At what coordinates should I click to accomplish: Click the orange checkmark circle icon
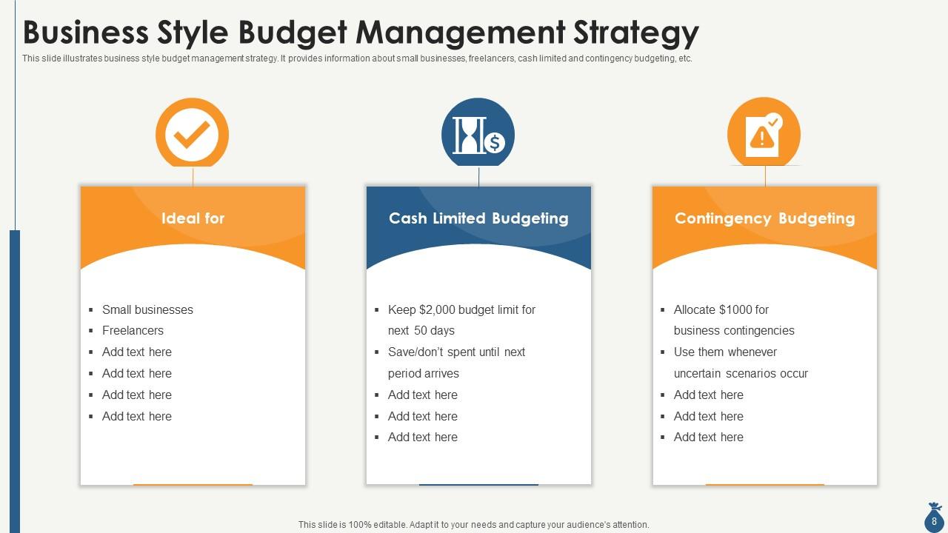click(x=192, y=134)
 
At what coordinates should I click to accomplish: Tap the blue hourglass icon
click(x=470, y=134)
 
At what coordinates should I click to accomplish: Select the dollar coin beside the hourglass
click(x=495, y=142)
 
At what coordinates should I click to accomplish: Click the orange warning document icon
click(x=764, y=134)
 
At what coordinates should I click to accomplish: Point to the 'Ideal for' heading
click(x=193, y=218)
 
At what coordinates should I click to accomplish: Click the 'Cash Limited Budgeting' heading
click(x=478, y=218)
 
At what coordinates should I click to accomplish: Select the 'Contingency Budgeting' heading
click(x=764, y=218)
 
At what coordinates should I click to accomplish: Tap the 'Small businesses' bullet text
click(x=147, y=309)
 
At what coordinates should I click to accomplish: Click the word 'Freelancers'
click(x=133, y=331)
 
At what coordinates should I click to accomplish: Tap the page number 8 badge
click(x=934, y=521)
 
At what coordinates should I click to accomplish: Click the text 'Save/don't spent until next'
click(x=456, y=352)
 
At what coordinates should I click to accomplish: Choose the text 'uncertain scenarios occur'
click(x=741, y=374)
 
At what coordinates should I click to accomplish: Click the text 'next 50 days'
click(x=421, y=331)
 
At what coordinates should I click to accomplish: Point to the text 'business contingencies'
click(x=734, y=331)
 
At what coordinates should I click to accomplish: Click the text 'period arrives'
click(x=424, y=374)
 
